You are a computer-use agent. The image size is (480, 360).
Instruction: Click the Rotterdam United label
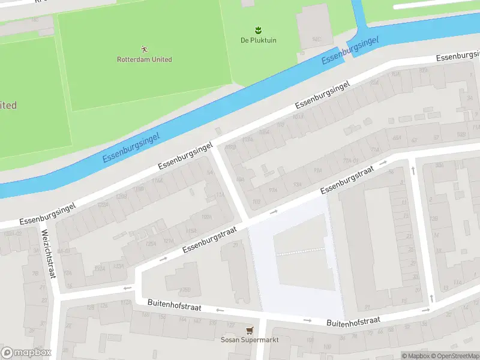click(144, 59)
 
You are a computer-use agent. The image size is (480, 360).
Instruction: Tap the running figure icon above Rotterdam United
click(144, 48)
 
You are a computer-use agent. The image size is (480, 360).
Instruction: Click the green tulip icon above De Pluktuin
click(258, 29)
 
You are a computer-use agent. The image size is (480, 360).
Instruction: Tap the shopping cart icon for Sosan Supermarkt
click(249, 329)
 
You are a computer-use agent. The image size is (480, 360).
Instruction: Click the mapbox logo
click(26, 353)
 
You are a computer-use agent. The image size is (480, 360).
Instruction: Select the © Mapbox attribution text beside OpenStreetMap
click(415, 356)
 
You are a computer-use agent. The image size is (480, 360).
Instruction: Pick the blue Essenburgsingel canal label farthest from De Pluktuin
click(131, 147)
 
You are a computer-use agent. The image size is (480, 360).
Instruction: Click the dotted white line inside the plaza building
click(301, 251)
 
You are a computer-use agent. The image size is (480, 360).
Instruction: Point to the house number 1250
click(185, 290)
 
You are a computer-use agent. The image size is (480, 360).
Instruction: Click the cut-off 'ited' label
click(8, 106)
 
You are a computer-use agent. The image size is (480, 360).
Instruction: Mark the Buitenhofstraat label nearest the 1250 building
click(174, 305)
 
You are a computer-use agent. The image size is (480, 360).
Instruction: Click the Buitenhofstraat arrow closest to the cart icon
click(220, 310)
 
